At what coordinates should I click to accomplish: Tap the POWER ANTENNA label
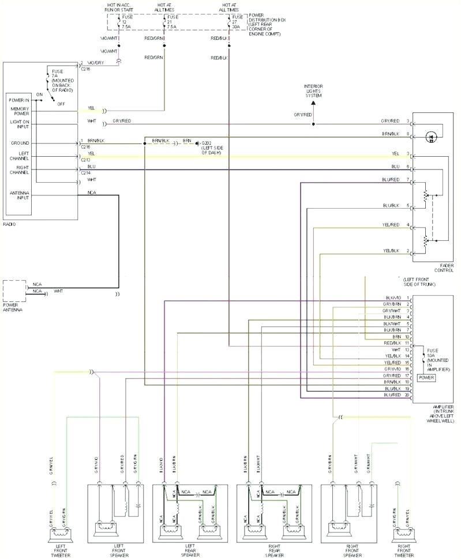tap(13, 307)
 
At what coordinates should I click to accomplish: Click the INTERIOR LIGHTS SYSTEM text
tap(314, 91)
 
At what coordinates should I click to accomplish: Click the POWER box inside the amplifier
tap(427, 378)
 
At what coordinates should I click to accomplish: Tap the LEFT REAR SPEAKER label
tap(194, 549)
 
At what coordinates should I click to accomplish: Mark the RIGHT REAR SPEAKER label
tap(279, 549)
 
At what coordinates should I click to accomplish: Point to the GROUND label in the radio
tap(19, 142)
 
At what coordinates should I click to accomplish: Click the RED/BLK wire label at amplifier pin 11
tap(392, 343)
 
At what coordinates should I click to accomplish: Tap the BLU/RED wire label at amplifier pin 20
tap(392, 395)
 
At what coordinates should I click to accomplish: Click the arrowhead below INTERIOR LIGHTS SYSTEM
tap(314, 103)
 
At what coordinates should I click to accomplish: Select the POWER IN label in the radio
tap(19, 100)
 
